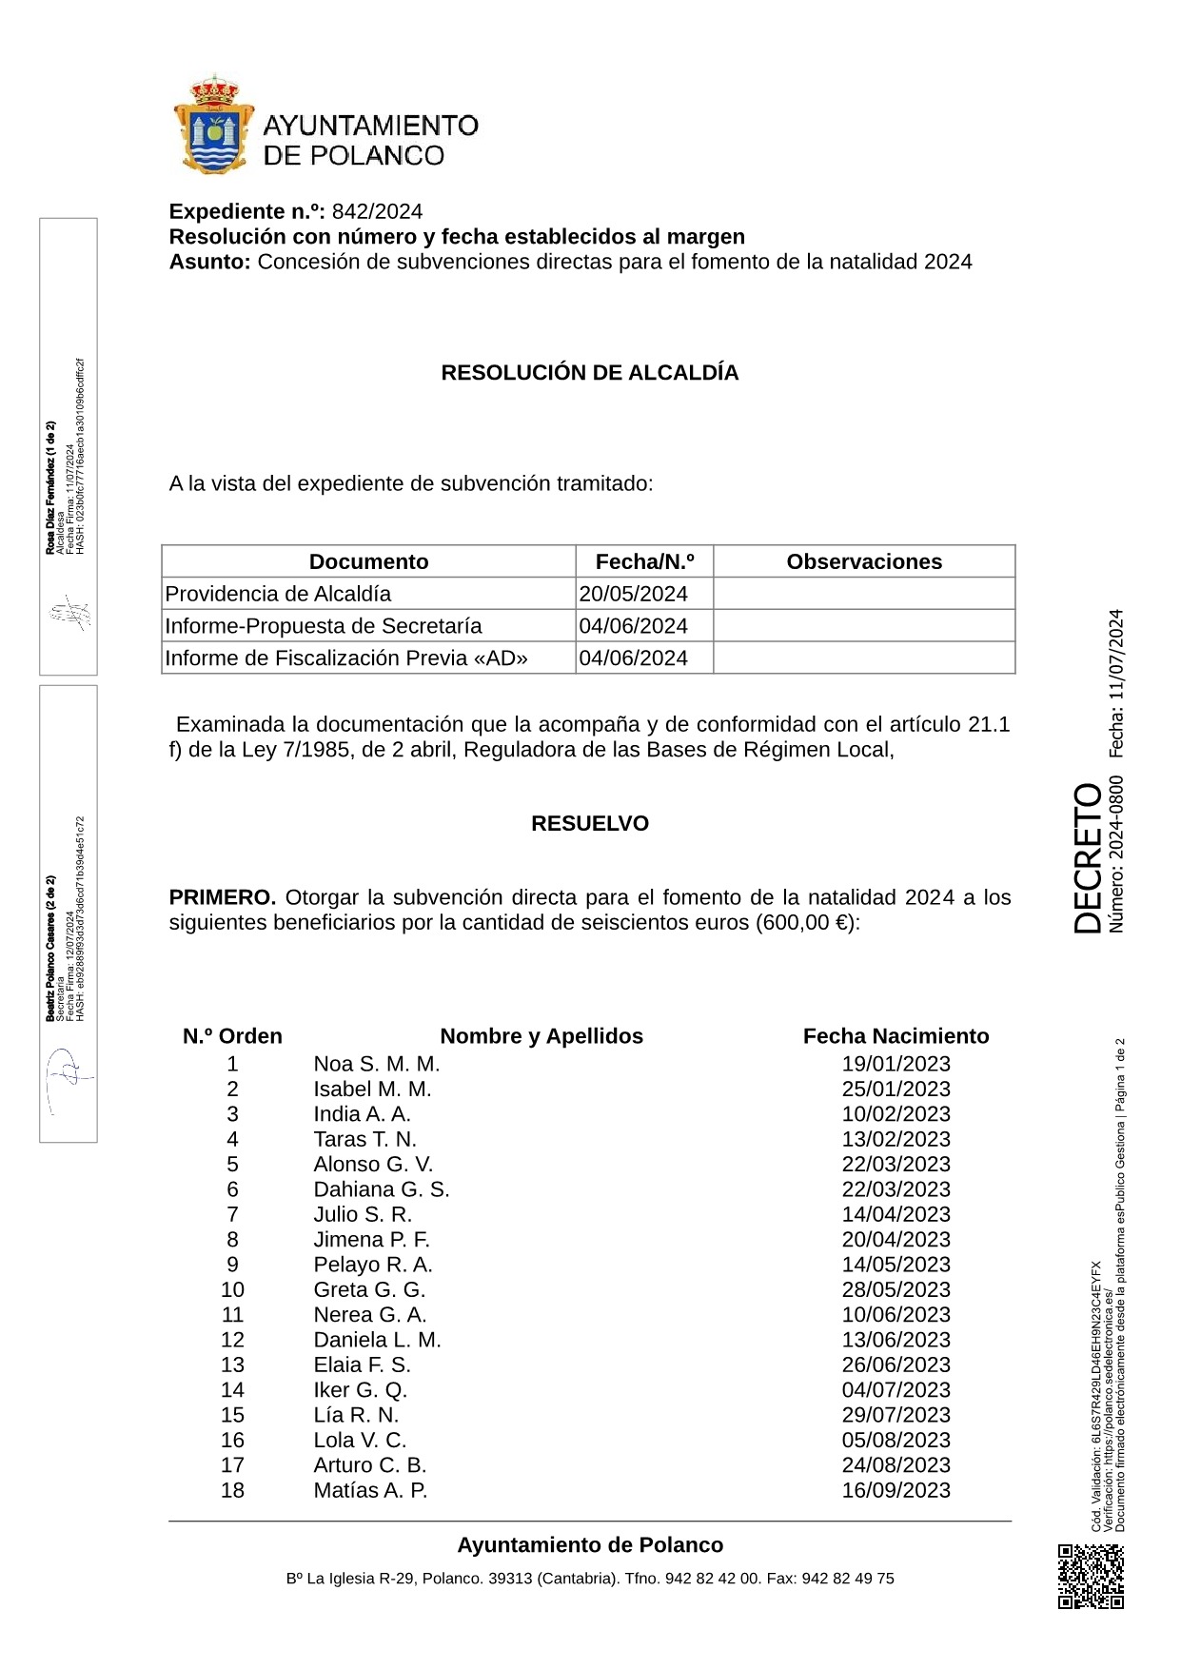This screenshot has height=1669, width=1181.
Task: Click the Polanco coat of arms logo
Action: point(213,126)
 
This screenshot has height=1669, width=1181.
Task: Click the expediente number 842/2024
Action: point(377,211)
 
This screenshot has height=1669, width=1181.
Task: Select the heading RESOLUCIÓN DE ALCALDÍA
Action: point(589,373)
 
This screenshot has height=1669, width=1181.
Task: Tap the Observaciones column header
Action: point(863,562)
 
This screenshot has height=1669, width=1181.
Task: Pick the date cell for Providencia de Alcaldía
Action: point(633,594)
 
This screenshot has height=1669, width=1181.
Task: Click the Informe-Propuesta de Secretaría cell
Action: point(324,626)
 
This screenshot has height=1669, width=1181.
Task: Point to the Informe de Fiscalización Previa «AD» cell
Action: point(346,658)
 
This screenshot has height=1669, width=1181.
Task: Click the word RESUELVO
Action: point(589,824)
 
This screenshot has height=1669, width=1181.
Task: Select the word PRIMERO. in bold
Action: point(223,897)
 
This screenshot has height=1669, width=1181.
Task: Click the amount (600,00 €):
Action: point(808,923)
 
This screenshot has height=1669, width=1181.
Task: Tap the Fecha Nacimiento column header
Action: point(896,1036)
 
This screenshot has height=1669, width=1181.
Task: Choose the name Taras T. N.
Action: point(364,1139)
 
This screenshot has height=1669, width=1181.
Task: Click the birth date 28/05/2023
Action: point(896,1289)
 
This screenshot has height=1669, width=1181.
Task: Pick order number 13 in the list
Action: point(232,1365)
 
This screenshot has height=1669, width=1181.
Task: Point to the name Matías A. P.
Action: point(370,1490)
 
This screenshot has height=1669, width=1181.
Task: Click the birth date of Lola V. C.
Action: point(896,1440)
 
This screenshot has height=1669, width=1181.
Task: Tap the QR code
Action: point(1091,1576)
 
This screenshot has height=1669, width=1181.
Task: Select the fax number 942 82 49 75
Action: point(848,1579)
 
